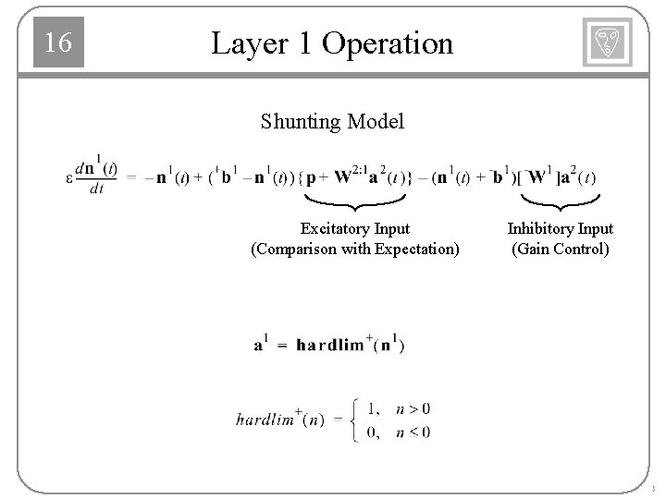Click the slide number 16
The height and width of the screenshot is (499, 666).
click(x=58, y=43)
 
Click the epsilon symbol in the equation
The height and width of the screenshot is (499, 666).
click(x=69, y=178)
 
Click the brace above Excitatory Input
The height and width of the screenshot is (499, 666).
click(x=355, y=201)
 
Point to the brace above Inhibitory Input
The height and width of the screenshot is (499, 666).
click(x=559, y=201)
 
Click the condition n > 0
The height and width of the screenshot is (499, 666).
click(x=413, y=409)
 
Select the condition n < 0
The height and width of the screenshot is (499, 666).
click(x=413, y=432)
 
